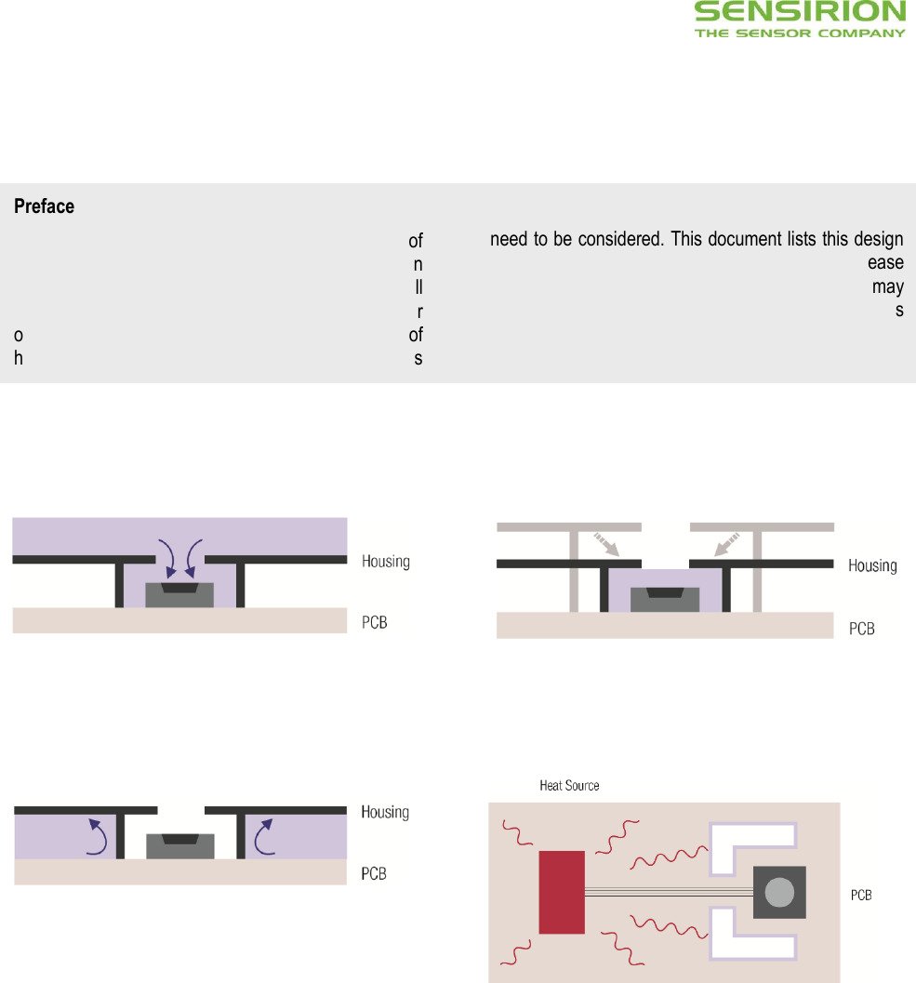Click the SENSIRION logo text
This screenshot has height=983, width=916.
click(x=800, y=12)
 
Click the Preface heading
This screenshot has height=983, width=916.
click(x=44, y=206)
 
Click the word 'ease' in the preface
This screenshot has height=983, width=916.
click(x=885, y=262)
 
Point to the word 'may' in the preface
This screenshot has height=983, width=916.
click(x=888, y=287)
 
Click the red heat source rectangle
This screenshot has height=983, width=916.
click(x=562, y=892)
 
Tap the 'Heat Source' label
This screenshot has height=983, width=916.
click(x=569, y=786)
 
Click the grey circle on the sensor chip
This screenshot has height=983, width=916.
click(x=779, y=893)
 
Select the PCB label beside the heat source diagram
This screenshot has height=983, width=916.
click(x=861, y=896)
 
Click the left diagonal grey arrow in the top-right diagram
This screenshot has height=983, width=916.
click(x=606, y=544)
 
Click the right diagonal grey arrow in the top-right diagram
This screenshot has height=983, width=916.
click(x=727, y=544)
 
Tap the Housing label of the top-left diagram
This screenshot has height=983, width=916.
click(x=386, y=561)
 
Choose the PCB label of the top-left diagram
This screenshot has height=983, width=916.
click(x=374, y=622)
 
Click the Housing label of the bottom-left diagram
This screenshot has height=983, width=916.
click(x=385, y=812)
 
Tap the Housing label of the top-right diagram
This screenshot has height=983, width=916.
click(x=872, y=565)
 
